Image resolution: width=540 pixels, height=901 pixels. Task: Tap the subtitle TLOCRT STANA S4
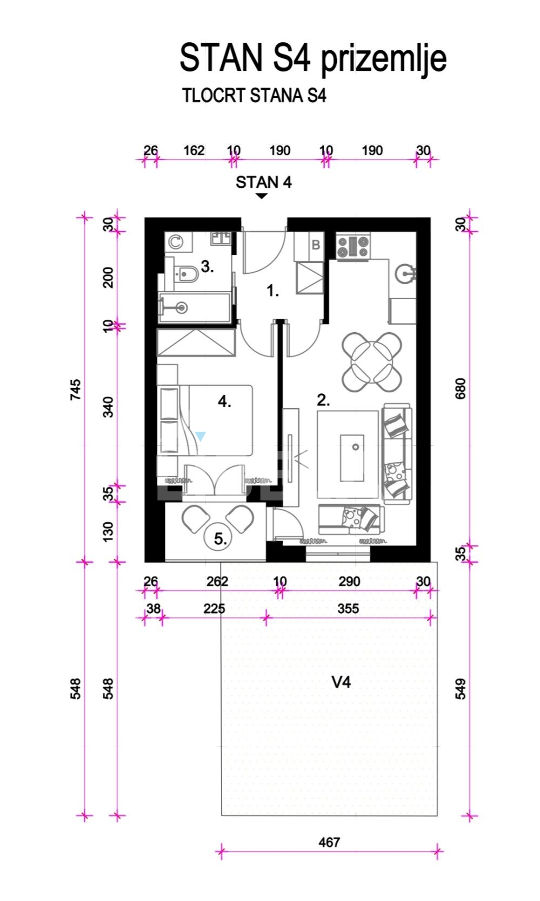click(x=254, y=96)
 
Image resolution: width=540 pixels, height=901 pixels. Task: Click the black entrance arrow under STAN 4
click(x=262, y=196)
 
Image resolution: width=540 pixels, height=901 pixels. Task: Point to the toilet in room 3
click(x=185, y=275)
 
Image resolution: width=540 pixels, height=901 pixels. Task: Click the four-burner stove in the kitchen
click(x=353, y=246)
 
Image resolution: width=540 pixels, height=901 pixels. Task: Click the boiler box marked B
click(x=316, y=245)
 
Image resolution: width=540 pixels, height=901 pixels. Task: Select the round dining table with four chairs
click(x=372, y=361)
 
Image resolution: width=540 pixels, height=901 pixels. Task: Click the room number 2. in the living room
click(x=323, y=400)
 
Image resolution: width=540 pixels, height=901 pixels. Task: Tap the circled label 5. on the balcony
click(x=220, y=538)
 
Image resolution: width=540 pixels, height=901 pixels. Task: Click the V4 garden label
click(x=341, y=682)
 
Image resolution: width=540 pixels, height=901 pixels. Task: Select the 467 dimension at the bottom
click(x=329, y=842)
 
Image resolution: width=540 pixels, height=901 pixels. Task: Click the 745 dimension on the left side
click(x=76, y=390)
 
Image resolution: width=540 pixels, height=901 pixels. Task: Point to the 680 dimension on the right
click(x=461, y=389)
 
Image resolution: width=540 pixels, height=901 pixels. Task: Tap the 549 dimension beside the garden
click(x=461, y=689)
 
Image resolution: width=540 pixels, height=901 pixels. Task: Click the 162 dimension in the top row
click(x=194, y=150)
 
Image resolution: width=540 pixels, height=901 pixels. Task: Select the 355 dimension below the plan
click(x=348, y=608)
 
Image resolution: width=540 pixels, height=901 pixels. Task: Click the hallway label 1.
click(x=273, y=291)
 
